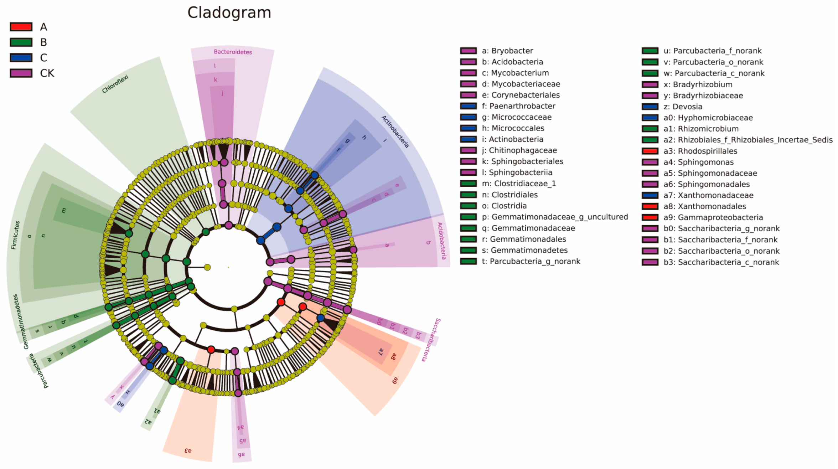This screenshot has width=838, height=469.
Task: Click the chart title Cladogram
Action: tap(229, 13)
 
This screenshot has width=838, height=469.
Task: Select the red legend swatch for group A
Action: tap(21, 27)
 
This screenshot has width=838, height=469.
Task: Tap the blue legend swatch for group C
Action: tap(21, 58)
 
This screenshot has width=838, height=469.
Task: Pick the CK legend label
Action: tap(47, 73)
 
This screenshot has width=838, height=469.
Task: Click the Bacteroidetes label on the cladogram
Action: tap(233, 52)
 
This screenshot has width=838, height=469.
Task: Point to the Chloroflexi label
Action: tap(115, 84)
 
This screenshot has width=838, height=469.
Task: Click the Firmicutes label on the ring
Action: tap(15, 235)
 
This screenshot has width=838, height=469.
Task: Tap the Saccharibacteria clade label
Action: tap(431, 340)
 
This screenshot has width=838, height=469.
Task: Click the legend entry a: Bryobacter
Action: tap(507, 51)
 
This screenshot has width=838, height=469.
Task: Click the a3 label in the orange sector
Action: tap(188, 451)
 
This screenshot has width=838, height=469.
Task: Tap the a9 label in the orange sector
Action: tap(395, 381)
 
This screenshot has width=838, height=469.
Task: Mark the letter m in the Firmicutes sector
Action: tap(64, 210)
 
